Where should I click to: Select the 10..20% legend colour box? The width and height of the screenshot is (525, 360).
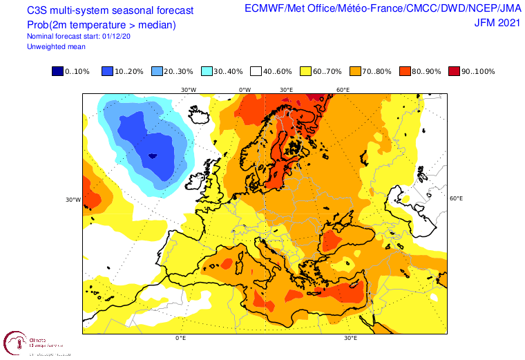pyautogui.click(x=107, y=72)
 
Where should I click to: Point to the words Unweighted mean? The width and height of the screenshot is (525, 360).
pyautogui.click(x=56, y=46)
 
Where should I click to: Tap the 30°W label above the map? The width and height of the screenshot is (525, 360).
pyautogui.click(x=188, y=90)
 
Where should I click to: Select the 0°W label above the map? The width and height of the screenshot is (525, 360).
pyautogui.click(x=245, y=90)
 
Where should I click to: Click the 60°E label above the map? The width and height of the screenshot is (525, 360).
pyautogui.click(x=343, y=90)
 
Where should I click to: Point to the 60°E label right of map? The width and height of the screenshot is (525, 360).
pyautogui.click(x=456, y=198)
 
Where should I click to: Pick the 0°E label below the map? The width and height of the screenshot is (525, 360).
pyautogui.click(x=181, y=339)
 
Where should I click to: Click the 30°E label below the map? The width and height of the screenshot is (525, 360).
pyautogui.click(x=350, y=339)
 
